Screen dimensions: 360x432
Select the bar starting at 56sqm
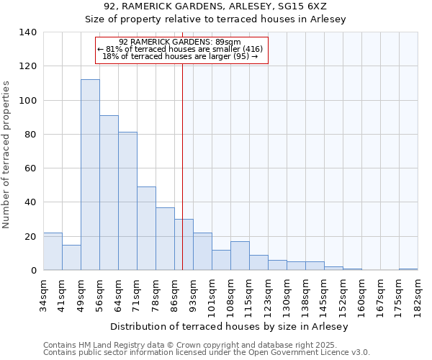(x=109, y=193)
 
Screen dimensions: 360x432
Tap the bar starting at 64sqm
(x=127, y=201)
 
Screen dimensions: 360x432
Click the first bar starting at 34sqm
(x=53, y=251)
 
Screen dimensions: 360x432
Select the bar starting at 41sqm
(x=71, y=257)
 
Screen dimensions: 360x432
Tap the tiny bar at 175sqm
(x=408, y=269)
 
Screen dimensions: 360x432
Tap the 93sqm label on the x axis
(x=194, y=291)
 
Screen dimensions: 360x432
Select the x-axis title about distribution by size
(x=230, y=327)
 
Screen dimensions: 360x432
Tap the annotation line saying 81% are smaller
(x=181, y=49)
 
